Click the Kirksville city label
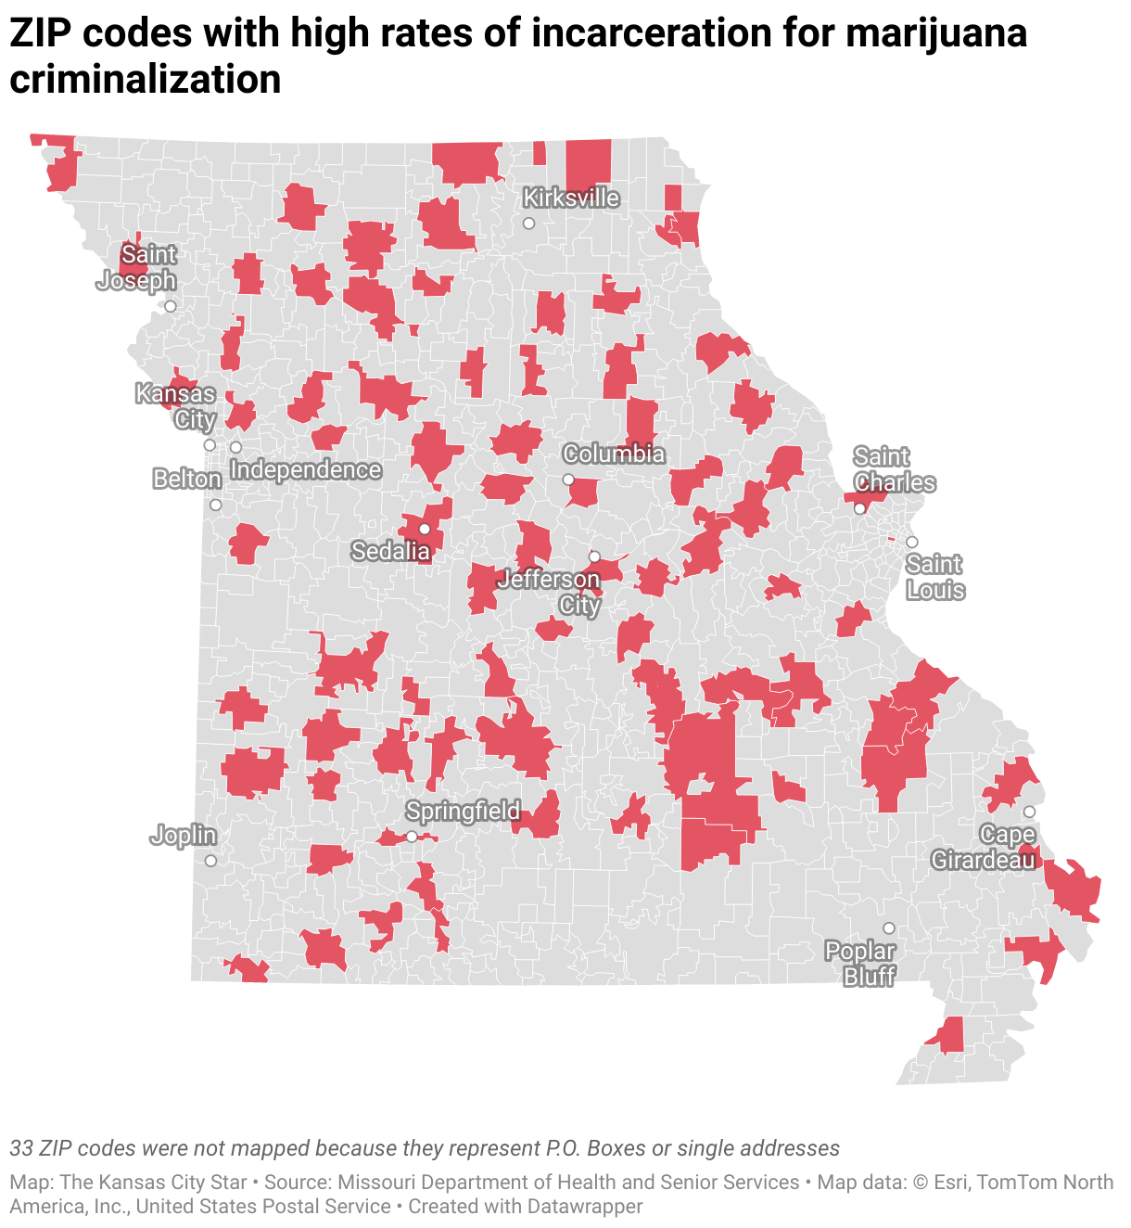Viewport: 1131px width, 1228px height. tap(571, 198)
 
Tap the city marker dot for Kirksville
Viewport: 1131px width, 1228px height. tap(528, 224)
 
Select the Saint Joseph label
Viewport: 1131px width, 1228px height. tap(137, 267)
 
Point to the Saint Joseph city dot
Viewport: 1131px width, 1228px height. tap(171, 306)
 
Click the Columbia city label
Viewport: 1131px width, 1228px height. tap(614, 454)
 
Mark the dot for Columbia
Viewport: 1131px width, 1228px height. tap(568, 480)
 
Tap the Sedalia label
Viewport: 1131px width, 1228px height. tap(391, 551)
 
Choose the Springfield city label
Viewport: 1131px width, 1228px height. tap(463, 812)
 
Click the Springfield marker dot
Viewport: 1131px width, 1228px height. tap(412, 837)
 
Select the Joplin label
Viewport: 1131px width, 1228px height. tap(184, 836)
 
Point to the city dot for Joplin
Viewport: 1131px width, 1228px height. tap(210, 861)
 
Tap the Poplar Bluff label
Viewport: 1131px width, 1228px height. tap(861, 964)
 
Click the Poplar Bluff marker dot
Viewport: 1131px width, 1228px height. tap(889, 928)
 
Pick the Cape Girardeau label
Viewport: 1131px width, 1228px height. tap(985, 848)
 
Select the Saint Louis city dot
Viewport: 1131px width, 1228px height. tap(912, 542)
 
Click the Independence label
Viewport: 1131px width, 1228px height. tap(305, 469)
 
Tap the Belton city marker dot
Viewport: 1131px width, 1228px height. tap(216, 505)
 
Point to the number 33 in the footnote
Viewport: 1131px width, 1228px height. tap(20, 1148)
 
